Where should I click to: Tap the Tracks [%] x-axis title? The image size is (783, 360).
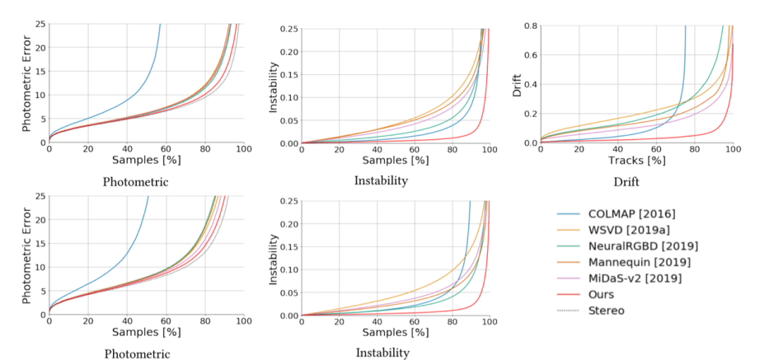click(635, 159)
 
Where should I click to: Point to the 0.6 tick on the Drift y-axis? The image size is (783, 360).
click(530, 54)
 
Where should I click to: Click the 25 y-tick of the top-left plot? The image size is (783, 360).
click(39, 25)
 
